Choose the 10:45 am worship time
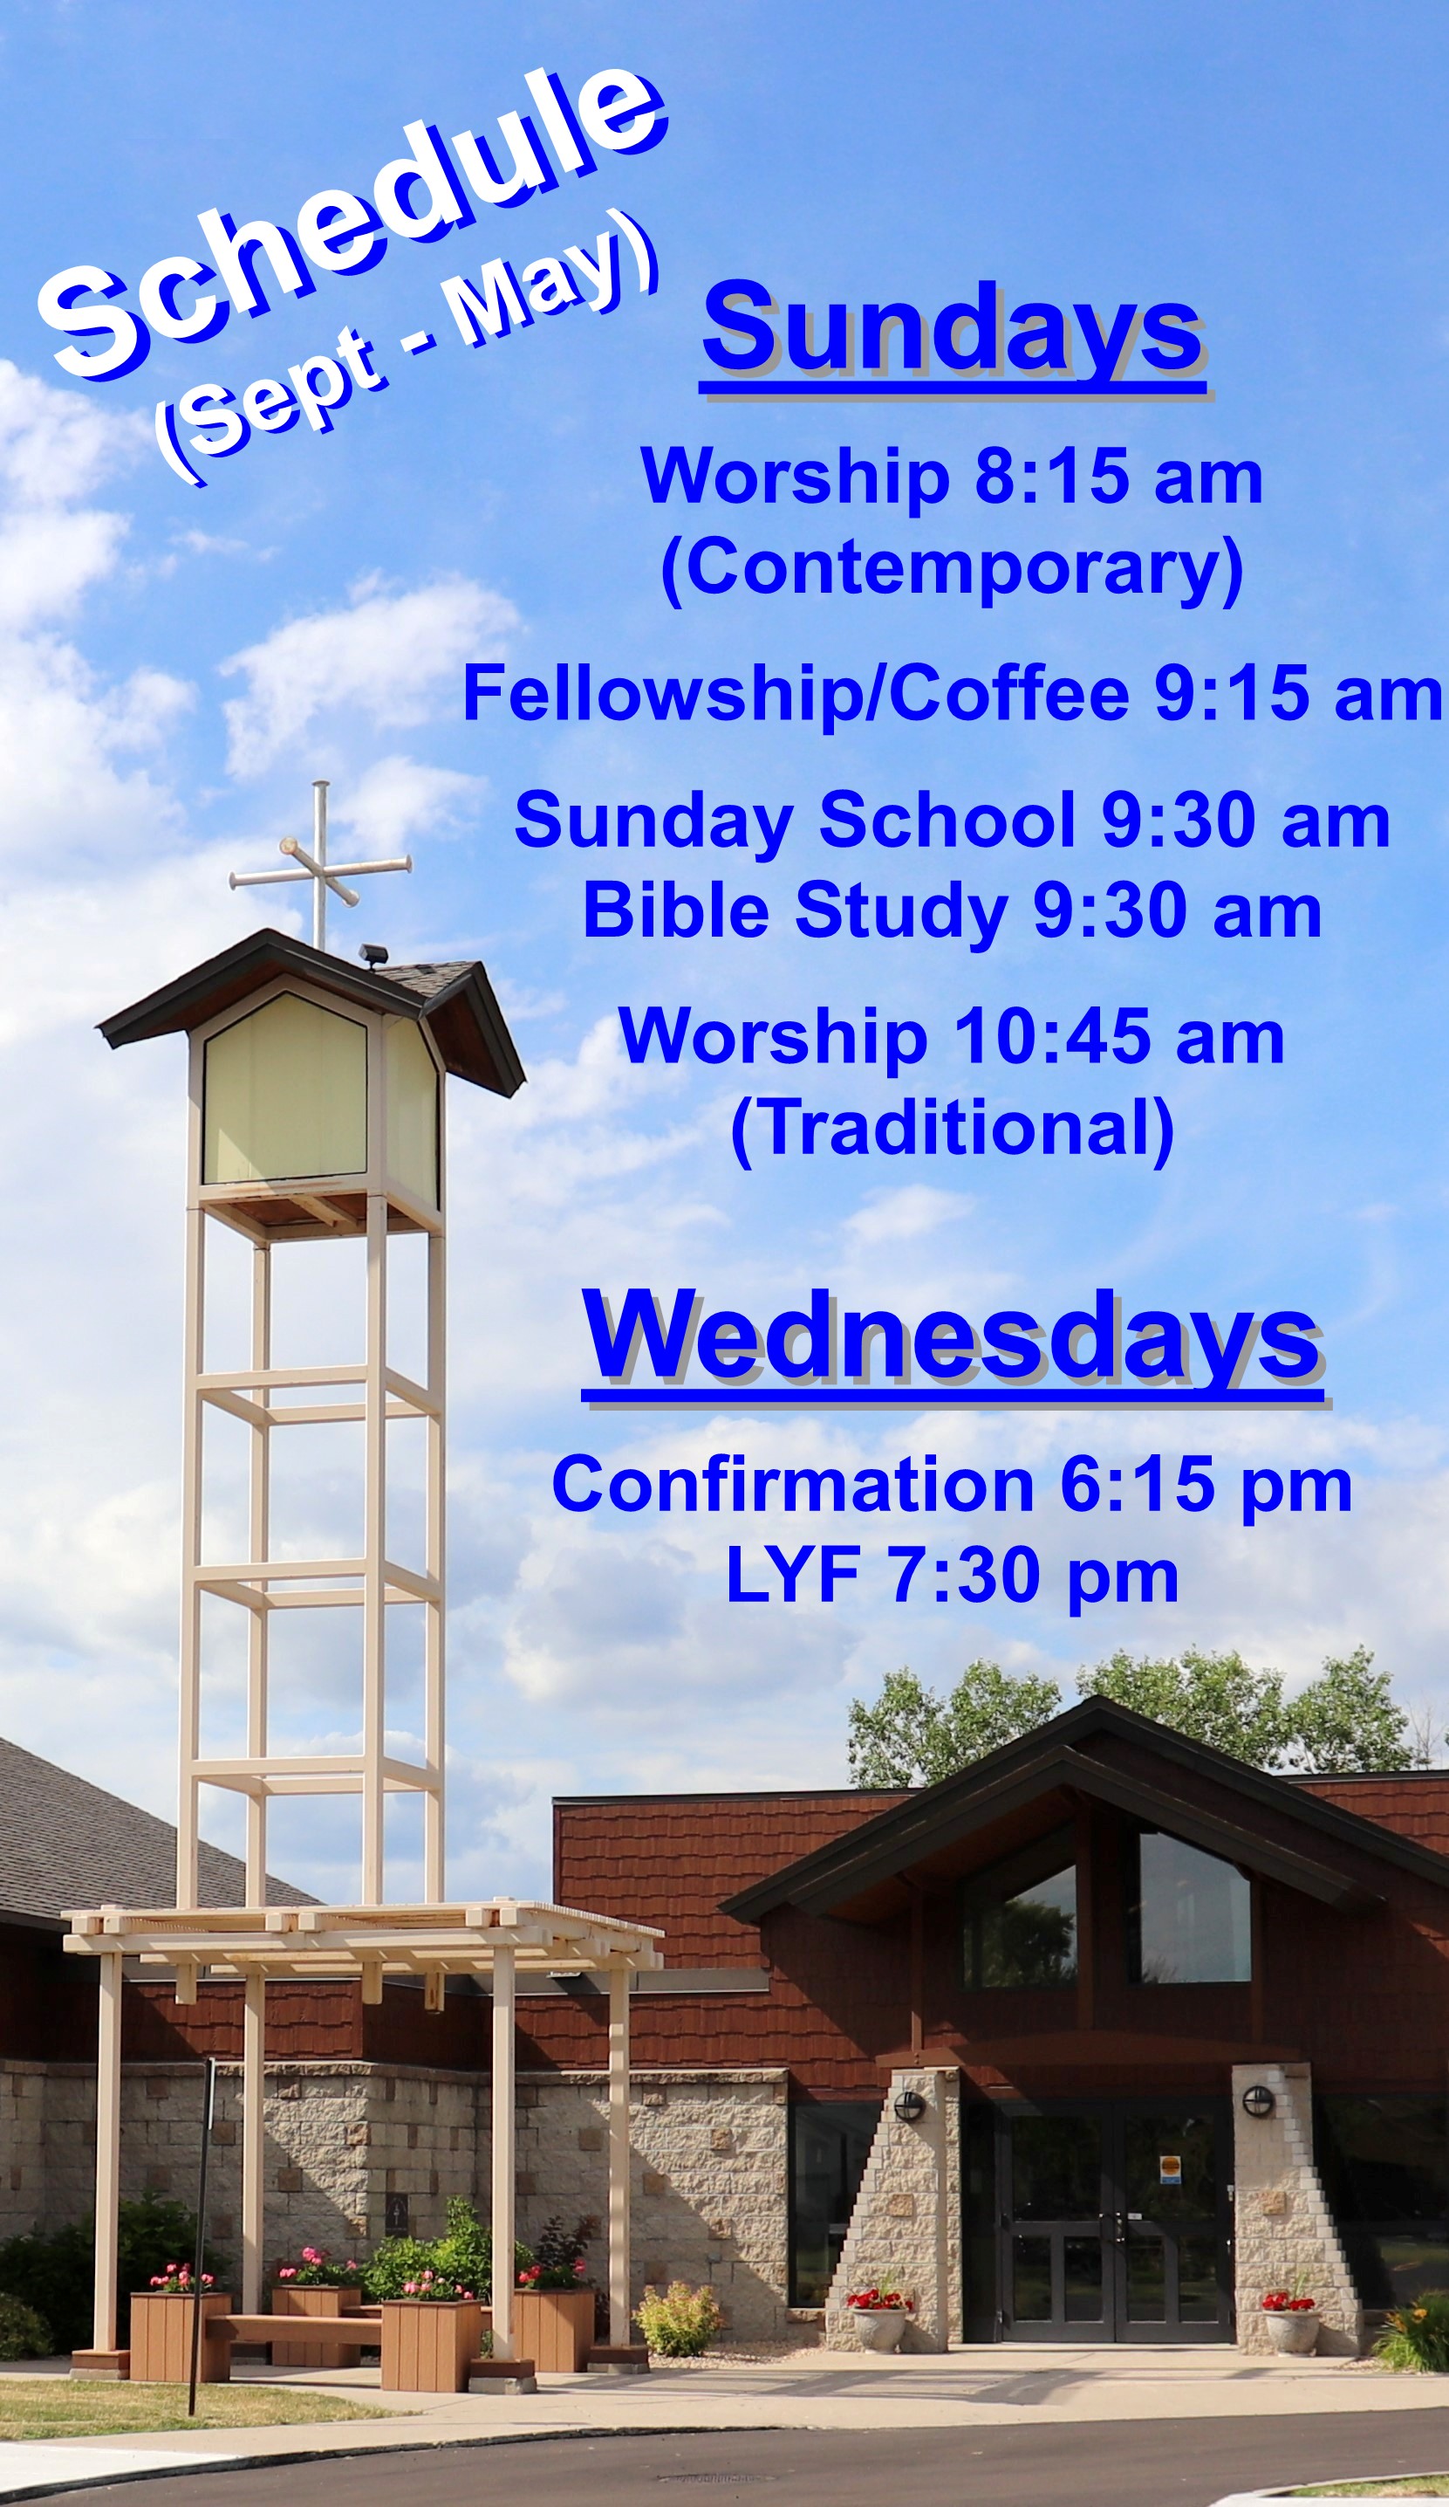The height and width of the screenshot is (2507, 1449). (x=1119, y=1039)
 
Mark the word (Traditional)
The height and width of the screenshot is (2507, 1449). (x=953, y=1130)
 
